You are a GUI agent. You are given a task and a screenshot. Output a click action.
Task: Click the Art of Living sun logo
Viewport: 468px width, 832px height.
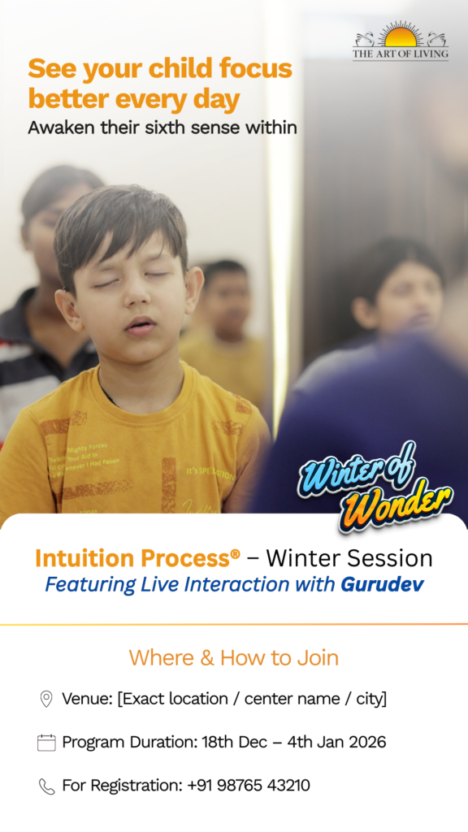tap(400, 36)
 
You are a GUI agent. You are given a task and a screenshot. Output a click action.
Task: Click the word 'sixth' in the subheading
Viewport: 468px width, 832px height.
tap(189, 128)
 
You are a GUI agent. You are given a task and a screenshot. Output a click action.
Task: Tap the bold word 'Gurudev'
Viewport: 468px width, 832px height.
tap(382, 584)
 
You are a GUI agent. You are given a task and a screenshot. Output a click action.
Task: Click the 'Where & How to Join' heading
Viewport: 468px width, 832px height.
tap(233, 657)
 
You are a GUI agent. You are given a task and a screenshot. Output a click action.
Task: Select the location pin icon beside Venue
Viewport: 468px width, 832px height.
tap(46, 699)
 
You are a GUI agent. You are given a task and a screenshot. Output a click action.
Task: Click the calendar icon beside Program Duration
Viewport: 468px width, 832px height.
tap(46, 742)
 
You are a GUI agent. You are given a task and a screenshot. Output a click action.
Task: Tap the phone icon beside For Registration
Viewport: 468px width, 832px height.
tap(46, 786)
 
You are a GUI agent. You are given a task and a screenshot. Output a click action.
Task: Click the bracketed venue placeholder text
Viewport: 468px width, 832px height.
tap(252, 699)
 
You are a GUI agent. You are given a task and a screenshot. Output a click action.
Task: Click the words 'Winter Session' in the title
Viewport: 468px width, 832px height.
tap(349, 558)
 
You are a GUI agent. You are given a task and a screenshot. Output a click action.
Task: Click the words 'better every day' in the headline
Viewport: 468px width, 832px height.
tap(134, 100)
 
